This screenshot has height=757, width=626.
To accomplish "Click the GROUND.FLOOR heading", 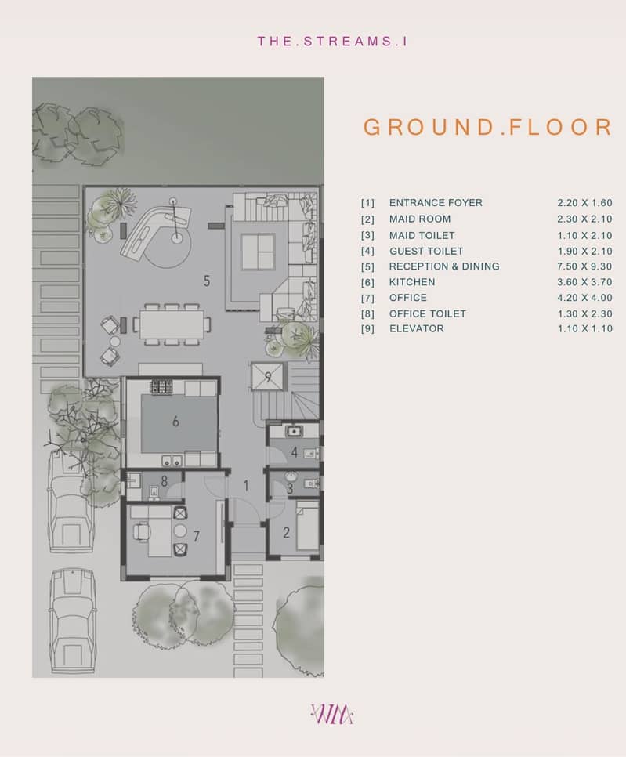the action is pos(488,127).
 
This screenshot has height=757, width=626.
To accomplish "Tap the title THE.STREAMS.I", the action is pos(332,41).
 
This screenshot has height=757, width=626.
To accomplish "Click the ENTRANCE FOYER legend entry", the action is pos(436,203).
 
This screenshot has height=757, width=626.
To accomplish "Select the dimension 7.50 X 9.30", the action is pos(584,266).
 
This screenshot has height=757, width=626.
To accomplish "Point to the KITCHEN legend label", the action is pos(412,282).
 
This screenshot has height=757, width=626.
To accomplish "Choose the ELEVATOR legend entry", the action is pos(417,329).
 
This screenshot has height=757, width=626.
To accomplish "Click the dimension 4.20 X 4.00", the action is pos(584,298).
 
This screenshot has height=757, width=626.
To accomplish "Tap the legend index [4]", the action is pos(367,252).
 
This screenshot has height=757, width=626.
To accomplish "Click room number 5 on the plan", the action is pos(207,281).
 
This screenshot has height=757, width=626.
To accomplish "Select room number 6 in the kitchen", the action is pos(175,422).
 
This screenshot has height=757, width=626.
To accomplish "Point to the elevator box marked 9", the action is pos(268,377).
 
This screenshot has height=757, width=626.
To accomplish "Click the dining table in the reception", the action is pos(172,324).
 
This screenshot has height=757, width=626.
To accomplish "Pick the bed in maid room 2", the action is pos(307,525).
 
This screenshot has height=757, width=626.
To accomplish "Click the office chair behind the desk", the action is pos(141,531).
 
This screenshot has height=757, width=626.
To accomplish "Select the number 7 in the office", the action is pos(196,536).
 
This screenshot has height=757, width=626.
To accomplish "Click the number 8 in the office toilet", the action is pos(164,481).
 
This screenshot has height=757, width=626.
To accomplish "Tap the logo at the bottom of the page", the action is pos(332,714).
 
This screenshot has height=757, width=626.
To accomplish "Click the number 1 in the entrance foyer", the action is pos(247,486).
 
